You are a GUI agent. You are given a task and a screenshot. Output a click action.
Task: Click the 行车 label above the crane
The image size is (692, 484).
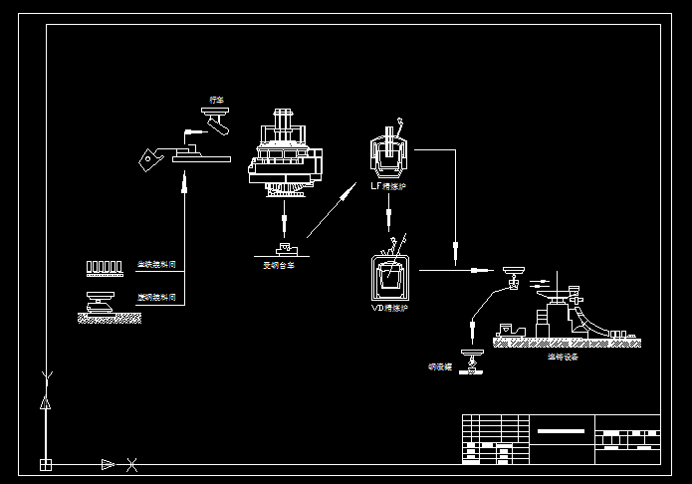(x=216, y=100)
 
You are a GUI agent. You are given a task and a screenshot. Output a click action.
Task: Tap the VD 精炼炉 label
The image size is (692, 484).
(x=390, y=309)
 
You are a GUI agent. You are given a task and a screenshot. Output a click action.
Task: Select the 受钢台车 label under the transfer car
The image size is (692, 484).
(x=279, y=265)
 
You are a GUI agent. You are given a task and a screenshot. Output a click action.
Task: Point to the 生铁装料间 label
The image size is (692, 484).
(x=156, y=266)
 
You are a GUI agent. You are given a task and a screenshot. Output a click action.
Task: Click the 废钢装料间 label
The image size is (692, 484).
(x=156, y=297)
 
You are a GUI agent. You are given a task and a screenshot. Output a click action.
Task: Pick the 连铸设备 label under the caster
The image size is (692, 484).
(x=563, y=357)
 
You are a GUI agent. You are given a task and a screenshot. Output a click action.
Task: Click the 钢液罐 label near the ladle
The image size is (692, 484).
(x=439, y=366)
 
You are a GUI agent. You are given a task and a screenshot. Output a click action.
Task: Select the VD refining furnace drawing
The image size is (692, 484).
(x=389, y=278)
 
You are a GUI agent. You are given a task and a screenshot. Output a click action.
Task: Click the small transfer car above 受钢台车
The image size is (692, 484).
(x=285, y=247)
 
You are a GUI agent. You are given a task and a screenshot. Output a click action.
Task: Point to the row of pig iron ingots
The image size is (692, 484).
(x=103, y=266)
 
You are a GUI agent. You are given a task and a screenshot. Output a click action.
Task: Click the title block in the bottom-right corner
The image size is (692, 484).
(x=560, y=439)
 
